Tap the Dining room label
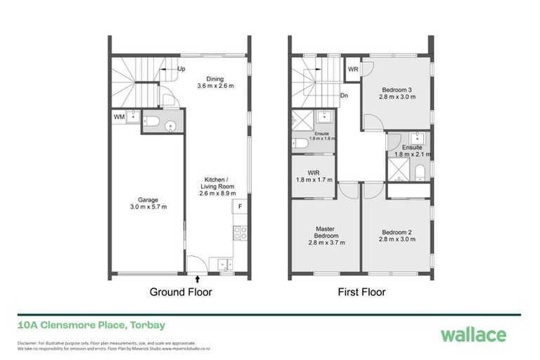214,83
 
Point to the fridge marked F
240,206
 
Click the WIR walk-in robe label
313,176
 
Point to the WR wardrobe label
353,70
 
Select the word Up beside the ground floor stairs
181,69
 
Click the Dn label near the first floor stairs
343,96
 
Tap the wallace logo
472,334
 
